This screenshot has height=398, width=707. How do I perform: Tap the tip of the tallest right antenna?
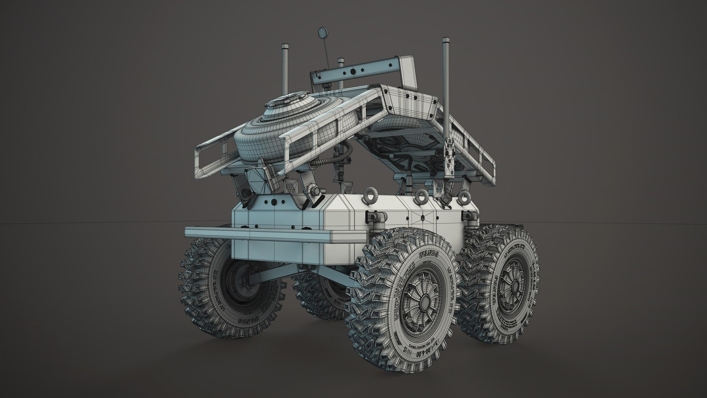(446, 40)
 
